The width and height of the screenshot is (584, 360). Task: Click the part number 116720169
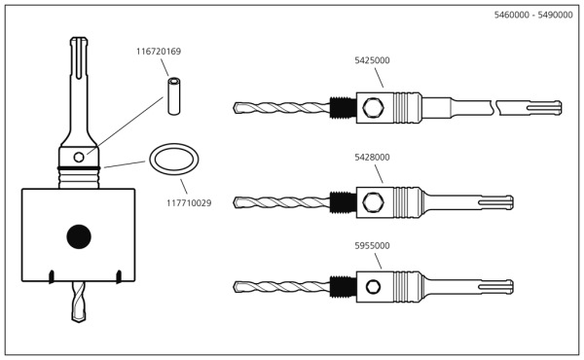tap(159, 52)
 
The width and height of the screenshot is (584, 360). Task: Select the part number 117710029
tap(189, 203)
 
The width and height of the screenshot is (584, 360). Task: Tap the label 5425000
tap(372, 60)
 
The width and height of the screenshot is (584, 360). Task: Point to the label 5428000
tap(372, 157)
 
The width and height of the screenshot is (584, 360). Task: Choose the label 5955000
tap(372, 246)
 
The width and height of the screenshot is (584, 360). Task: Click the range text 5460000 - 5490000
tap(532, 16)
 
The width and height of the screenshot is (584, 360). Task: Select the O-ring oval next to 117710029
tap(173, 161)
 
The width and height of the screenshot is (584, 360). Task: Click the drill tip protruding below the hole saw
tap(79, 305)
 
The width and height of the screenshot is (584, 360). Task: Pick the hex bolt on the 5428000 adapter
tap(371, 203)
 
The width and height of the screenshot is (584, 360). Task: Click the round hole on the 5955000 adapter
tap(371, 287)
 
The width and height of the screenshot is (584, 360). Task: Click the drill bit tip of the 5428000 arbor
tap(239, 203)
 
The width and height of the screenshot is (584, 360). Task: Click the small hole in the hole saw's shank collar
tap(79, 157)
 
